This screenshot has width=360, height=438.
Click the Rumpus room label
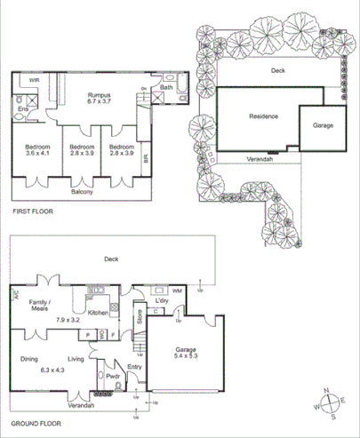pos(97,92)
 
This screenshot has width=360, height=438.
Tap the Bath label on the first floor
pos(167,87)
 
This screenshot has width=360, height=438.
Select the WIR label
pos(34,80)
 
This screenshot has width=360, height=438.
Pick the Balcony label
pos(83,192)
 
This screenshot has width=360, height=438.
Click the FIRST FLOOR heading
pos(33,212)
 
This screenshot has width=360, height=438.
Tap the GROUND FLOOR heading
pos(37,425)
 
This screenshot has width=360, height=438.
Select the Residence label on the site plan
pos(263,116)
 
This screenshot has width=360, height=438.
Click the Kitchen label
pos(98,313)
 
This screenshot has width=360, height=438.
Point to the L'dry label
pos(162,302)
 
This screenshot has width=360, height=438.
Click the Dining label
pos(31,359)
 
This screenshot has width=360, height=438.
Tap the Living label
pos(76,359)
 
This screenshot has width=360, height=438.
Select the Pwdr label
pos(114,376)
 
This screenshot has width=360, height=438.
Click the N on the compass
pos(327,392)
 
